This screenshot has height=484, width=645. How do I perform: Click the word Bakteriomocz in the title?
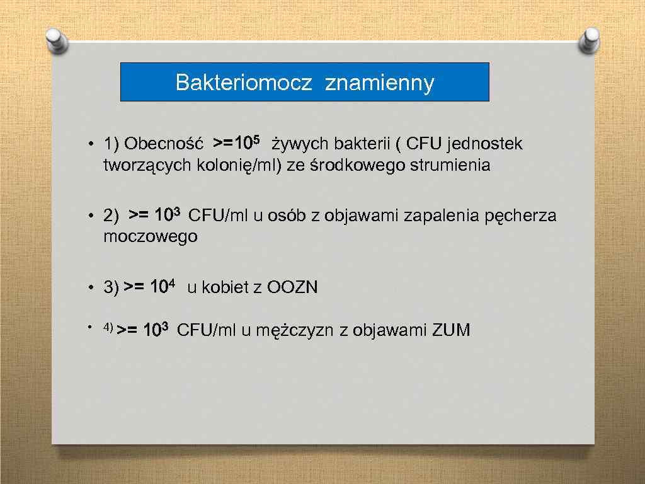pos(243,83)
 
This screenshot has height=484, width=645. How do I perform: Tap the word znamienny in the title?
pos(379,83)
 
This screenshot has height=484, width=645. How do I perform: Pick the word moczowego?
pos(151,237)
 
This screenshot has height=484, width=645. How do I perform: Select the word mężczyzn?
pos(295,330)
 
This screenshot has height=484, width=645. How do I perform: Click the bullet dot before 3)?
pos(91,289)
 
